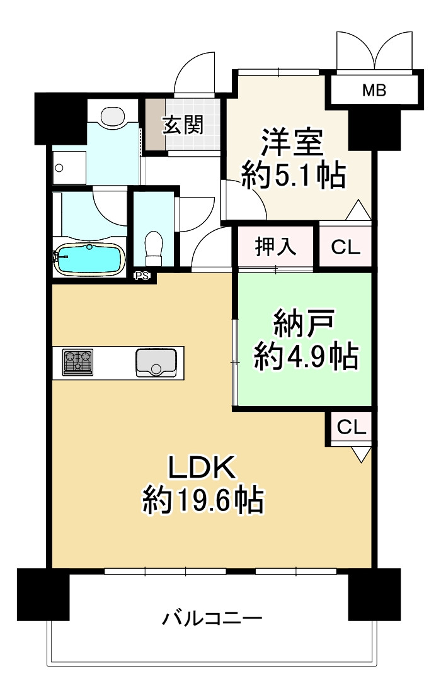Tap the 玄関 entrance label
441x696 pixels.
point(183,125)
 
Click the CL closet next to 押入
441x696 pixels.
point(346,247)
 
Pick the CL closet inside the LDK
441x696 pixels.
point(351,427)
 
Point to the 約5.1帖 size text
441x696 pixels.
point(294,177)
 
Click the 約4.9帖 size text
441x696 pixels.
point(306,358)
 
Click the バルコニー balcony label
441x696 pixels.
point(212,619)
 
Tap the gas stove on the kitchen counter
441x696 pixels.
point(77,362)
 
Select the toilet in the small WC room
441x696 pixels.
point(154,249)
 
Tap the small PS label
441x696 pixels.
point(142,275)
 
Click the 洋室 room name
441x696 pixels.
point(292,143)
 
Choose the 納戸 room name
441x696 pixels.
point(304,325)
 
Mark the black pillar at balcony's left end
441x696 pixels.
point(43,594)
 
